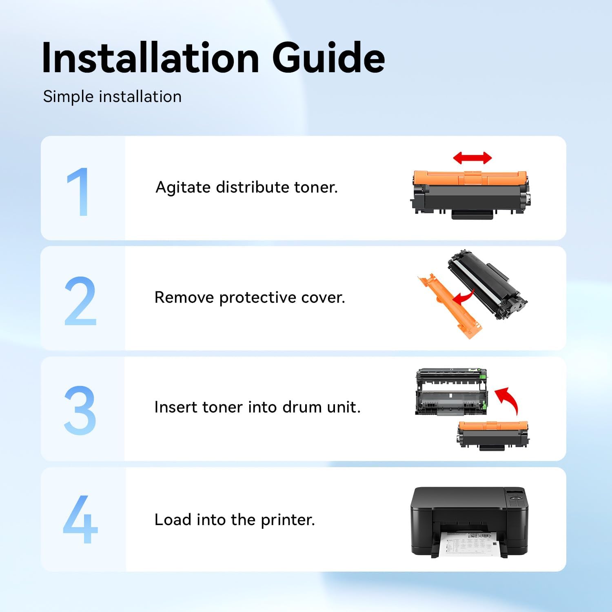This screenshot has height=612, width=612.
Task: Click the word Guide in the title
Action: point(328,58)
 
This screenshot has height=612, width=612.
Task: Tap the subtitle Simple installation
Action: point(112,97)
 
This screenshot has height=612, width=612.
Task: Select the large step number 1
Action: point(79,191)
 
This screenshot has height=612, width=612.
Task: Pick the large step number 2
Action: point(80,301)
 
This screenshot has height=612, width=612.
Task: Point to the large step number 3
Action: point(80,410)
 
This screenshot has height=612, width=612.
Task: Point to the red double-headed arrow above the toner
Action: point(472,158)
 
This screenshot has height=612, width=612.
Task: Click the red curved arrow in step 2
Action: point(464,297)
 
